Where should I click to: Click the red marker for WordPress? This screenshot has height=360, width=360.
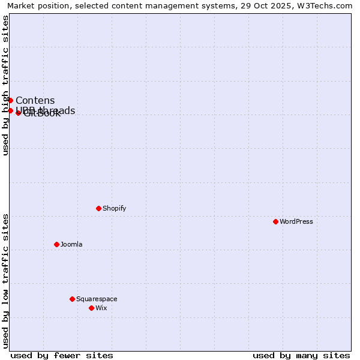point(275,221)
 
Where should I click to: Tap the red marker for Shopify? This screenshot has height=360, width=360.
point(98,208)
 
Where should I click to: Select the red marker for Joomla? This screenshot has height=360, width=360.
point(56,244)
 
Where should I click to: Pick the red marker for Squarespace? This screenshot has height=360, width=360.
point(72,299)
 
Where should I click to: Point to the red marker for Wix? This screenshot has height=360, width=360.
point(91,308)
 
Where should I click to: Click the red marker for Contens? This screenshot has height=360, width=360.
point(10,100)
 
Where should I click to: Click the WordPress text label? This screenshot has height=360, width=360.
point(296,221)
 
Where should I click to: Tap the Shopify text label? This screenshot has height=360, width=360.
point(114,208)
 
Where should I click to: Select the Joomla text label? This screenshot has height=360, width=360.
point(71,244)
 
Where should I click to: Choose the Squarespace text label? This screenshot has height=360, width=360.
point(97,299)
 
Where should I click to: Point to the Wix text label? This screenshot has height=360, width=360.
point(101,308)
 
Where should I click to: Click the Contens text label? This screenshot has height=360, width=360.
point(35,100)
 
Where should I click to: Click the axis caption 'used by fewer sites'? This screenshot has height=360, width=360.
point(62,355)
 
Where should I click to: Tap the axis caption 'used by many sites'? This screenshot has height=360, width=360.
point(301,355)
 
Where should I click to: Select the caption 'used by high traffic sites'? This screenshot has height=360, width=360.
point(5,85)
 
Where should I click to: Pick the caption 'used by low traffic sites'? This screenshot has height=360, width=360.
point(5,281)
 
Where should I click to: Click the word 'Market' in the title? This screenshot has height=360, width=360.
point(22,5)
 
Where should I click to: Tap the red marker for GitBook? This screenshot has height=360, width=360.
point(18,113)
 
